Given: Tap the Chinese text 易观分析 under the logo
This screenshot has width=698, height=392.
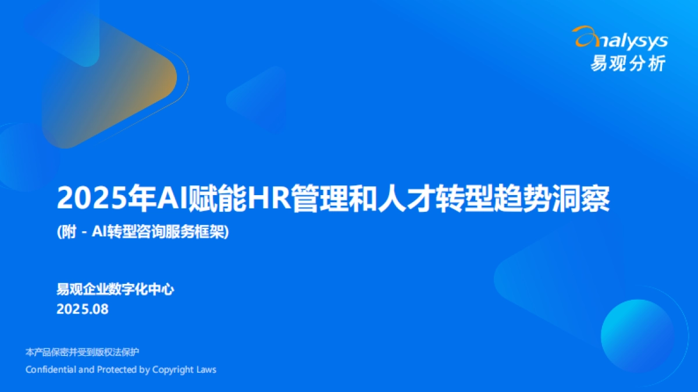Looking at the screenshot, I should coord(628,63).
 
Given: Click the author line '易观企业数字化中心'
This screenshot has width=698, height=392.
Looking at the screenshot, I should coord(115,289).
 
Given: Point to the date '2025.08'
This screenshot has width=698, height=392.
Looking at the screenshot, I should coord(83,309).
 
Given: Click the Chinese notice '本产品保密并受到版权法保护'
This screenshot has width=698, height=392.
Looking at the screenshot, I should coord(83,353).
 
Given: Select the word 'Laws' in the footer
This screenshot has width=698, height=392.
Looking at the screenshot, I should coord(207,369).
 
